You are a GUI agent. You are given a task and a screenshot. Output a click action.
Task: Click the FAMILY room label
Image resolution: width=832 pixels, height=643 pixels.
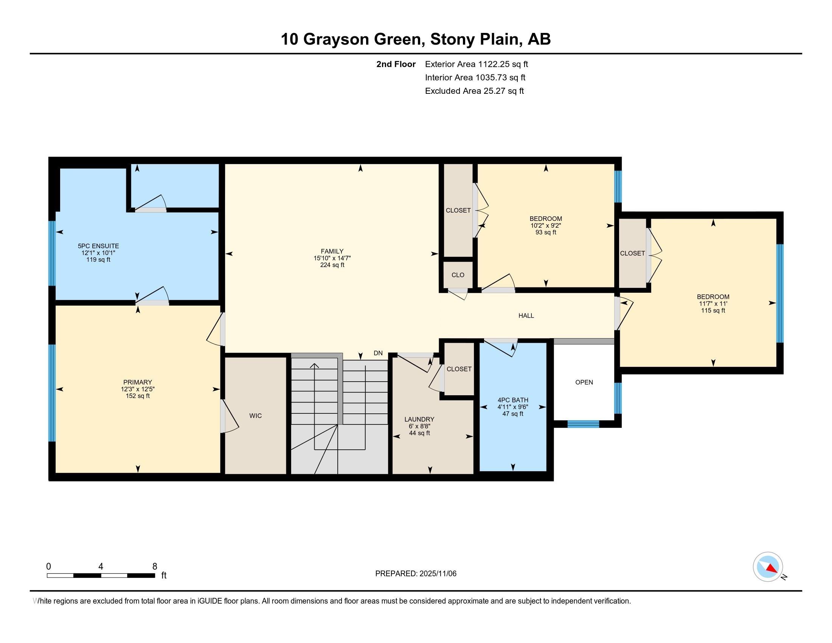(x=332, y=252)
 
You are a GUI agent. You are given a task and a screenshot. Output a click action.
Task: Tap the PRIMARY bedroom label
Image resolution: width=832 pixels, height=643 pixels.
(x=138, y=382)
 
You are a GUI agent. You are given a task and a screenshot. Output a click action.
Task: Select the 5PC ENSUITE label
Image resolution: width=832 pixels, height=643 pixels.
(x=98, y=246)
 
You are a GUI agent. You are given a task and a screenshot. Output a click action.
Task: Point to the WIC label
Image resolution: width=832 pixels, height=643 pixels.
(x=256, y=416)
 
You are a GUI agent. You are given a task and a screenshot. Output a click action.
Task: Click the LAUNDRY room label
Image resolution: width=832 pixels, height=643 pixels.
(x=419, y=419)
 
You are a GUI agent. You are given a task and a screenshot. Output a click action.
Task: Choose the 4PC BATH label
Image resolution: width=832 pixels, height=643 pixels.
(x=513, y=400)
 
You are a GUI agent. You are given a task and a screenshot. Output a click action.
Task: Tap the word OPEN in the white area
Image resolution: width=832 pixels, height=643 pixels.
(x=584, y=382)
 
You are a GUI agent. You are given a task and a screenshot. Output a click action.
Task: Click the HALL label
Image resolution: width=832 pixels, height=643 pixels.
(x=526, y=315)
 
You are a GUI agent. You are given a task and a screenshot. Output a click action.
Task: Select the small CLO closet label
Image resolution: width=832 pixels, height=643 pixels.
(x=458, y=275)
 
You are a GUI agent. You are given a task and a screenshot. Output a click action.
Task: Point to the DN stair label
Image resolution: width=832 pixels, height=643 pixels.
(x=378, y=353)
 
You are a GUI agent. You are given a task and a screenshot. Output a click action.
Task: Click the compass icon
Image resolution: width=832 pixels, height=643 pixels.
(x=768, y=567)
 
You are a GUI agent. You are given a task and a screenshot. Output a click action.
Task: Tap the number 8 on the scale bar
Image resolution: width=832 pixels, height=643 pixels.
(x=155, y=567)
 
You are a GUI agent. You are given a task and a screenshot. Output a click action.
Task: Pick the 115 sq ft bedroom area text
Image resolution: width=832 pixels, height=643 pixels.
(x=713, y=311)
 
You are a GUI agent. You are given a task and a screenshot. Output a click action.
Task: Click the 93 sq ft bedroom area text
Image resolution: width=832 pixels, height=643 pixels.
(x=546, y=232)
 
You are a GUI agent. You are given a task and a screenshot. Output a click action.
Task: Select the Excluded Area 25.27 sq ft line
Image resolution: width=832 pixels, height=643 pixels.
(x=474, y=91)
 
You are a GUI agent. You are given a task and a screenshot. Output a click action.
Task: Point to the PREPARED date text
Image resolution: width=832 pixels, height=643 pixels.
(x=416, y=573)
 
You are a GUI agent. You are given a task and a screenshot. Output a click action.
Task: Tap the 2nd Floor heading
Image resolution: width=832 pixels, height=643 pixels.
(x=396, y=64)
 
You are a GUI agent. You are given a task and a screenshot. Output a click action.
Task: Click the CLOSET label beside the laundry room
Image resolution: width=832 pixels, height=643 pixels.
(x=459, y=369)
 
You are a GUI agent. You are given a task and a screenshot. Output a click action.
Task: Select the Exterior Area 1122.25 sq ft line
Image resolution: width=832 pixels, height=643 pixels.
(x=477, y=64)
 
